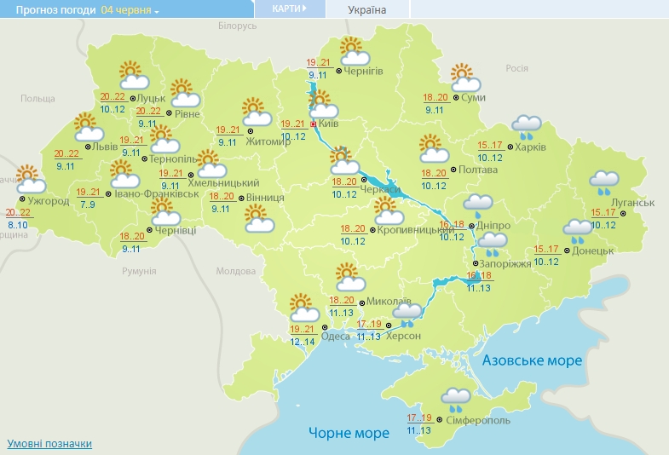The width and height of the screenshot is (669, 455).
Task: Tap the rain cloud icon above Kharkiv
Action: tap(526, 128)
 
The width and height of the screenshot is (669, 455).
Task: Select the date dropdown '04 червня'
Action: tap(130, 10)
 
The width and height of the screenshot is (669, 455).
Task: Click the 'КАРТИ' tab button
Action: tap(290, 9)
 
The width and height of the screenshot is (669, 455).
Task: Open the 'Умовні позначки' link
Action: tap(49, 444)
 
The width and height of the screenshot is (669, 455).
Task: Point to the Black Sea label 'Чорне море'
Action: tap(349, 433)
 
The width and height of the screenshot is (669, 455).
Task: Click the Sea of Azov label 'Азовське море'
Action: tap(532, 360)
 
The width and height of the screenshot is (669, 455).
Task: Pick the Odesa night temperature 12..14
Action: tap(303, 342)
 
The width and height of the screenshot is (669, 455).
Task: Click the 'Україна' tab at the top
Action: tap(367, 10)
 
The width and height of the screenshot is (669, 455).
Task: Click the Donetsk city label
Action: tap(593, 251)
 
